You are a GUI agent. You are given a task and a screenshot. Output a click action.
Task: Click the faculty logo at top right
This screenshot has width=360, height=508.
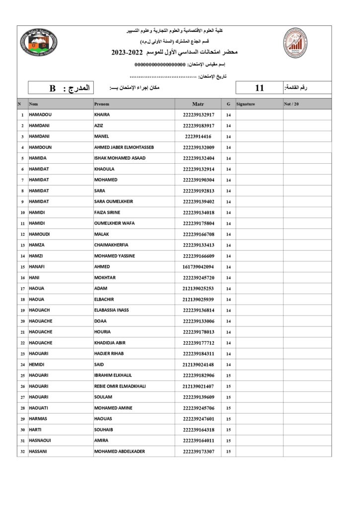(x=294, y=43)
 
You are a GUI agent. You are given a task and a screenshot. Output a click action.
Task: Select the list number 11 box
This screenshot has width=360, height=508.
(x=259, y=88)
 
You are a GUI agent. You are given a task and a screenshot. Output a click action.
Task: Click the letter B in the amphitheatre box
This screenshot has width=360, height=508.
(x=52, y=88)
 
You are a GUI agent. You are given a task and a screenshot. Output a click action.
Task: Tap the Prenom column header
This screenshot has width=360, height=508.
(x=102, y=104)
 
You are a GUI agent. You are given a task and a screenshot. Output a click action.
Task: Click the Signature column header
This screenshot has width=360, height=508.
(x=246, y=104)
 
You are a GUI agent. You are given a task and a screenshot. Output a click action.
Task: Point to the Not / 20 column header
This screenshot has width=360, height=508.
(x=291, y=104)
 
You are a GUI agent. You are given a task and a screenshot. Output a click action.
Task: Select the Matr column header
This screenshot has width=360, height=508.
(x=198, y=104)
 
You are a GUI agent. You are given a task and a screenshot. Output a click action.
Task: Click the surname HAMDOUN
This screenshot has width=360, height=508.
(x=40, y=147)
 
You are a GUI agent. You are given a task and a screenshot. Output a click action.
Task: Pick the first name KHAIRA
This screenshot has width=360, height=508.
(x=102, y=115)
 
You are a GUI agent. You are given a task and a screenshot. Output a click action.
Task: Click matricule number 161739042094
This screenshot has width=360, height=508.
(x=198, y=267)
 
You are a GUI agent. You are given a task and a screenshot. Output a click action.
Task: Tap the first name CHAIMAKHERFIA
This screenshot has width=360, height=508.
(x=111, y=245)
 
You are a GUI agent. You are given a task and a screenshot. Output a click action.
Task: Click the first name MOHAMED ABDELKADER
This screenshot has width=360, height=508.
(x=120, y=451)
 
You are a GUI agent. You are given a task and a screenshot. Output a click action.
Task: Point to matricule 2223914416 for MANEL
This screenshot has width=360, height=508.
(x=198, y=136)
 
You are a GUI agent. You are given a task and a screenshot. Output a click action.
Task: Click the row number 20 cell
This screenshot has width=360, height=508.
(x=22, y=321)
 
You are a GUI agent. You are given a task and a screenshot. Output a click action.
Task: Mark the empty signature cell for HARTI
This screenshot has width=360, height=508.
(x=259, y=430)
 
